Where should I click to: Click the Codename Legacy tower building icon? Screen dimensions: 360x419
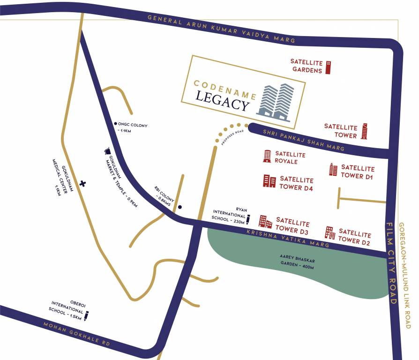[x=276, y=102]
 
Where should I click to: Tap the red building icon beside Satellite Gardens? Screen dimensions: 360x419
[x=329, y=67]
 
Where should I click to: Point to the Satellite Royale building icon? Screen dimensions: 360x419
[x=267, y=156]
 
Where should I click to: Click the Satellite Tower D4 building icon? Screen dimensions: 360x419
[x=269, y=181]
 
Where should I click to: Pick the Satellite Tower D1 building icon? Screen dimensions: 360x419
[x=333, y=169]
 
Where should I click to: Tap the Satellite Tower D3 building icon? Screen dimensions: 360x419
[x=265, y=222]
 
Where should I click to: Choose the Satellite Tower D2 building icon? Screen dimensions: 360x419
[x=330, y=232]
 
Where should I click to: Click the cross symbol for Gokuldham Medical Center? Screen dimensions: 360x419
[x=83, y=183]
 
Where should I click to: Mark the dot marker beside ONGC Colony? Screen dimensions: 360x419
[x=115, y=124]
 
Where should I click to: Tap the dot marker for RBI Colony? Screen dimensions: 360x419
[x=180, y=207]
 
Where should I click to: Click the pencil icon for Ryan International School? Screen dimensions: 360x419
[x=248, y=218]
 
